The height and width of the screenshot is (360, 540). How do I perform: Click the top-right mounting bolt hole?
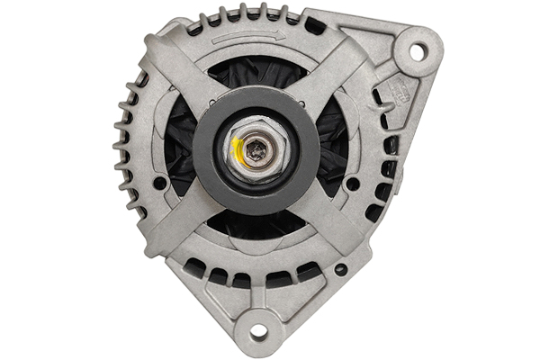(x=418, y=51)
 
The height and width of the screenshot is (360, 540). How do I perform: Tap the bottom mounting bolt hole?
(x=258, y=331)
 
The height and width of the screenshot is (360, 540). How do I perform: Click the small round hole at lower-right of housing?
(x=340, y=269)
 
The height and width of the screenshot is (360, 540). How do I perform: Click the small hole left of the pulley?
(x=159, y=183)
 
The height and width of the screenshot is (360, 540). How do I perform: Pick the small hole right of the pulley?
(x=353, y=184)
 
